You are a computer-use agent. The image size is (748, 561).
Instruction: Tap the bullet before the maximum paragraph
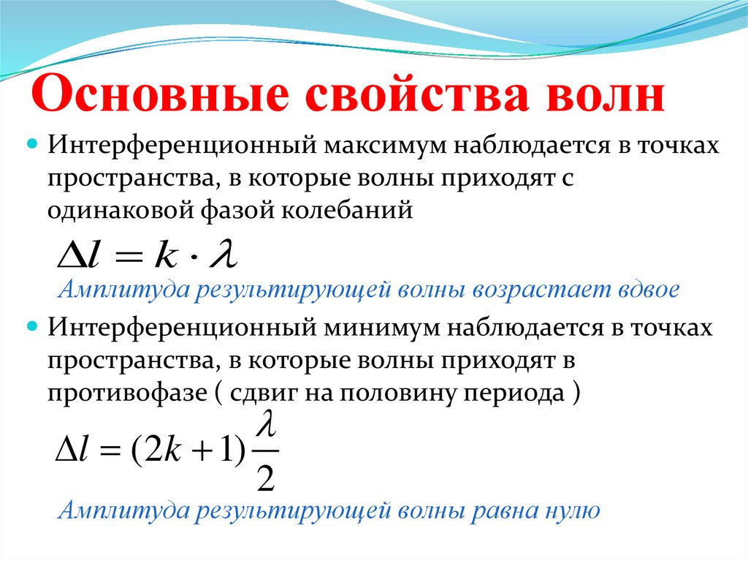[x=32, y=144]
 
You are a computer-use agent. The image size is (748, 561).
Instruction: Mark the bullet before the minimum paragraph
[x=32, y=328]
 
